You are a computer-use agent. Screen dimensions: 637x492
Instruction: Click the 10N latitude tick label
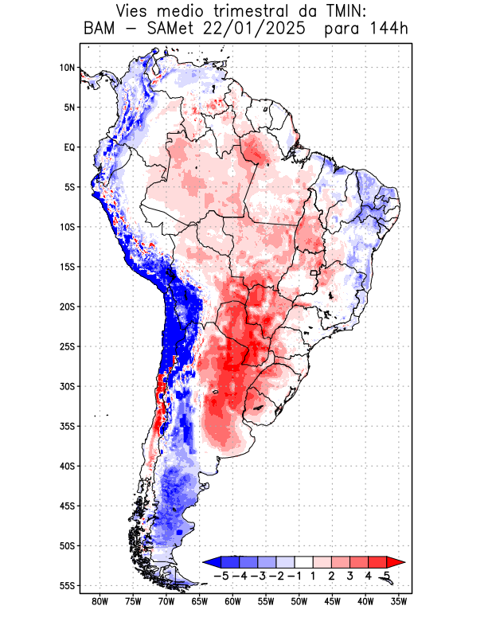[x=67, y=68]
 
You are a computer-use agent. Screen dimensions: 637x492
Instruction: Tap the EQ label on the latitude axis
[x=69, y=147]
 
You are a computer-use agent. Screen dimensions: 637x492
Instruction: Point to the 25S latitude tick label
[x=67, y=346]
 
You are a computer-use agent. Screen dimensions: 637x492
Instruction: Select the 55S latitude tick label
[x=67, y=585]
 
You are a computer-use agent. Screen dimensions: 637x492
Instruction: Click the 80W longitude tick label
[x=100, y=602]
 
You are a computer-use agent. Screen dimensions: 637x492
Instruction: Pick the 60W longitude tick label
[x=233, y=602]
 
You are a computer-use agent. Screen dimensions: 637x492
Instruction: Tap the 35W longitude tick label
[x=399, y=602]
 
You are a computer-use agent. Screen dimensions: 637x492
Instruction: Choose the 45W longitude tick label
[x=333, y=602]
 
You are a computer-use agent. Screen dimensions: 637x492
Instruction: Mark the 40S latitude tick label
[x=67, y=466]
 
